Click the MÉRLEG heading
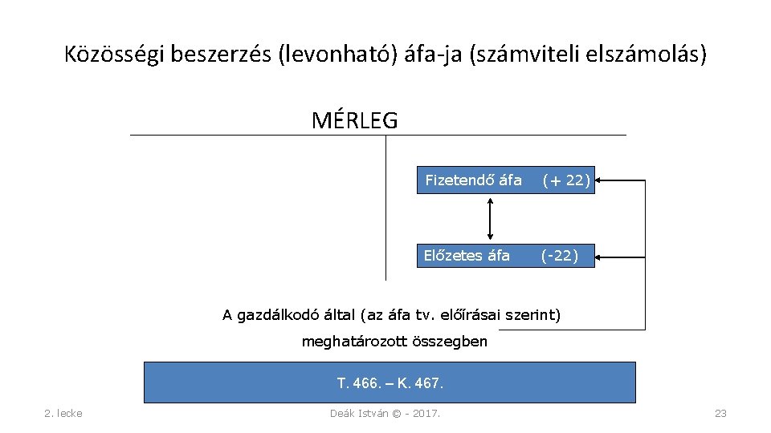coord(354,120)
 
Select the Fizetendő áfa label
coord(473,180)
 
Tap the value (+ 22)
coord(566,180)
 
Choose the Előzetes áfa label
coord(467,256)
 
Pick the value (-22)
coord(560,256)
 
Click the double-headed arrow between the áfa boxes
coord(490,218)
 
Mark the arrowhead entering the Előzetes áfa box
coord(601,257)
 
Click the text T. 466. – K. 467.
coord(390,382)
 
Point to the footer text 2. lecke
coord(63,413)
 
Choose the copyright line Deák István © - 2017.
coord(390,413)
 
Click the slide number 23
coord(720,413)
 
